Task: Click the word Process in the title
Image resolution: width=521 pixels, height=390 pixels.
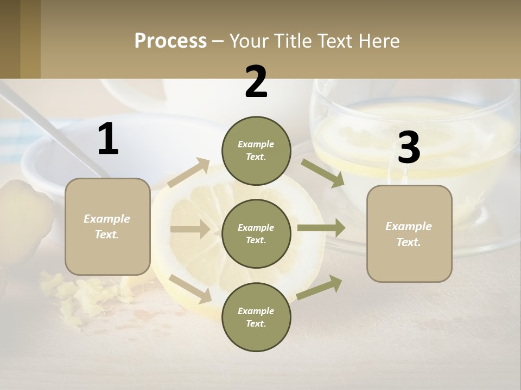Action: click(x=170, y=41)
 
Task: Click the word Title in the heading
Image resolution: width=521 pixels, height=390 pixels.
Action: click(x=291, y=41)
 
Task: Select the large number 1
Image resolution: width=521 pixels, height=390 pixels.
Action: click(x=108, y=139)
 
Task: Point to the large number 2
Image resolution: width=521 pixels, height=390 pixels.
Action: click(x=256, y=82)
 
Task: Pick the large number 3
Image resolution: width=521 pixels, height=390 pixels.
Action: click(x=409, y=148)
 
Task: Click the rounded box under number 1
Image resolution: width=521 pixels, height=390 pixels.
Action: click(x=107, y=226)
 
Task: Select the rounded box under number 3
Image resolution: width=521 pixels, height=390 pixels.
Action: click(x=409, y=234)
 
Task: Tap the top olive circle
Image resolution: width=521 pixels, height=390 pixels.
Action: click(x=256, y=151)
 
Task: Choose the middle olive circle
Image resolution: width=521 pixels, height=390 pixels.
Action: click(x=256, y=233)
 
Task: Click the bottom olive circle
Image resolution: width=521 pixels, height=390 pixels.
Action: click(x=256, y=317)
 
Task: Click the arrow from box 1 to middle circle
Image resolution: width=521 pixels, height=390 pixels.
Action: click(x=190, y=229)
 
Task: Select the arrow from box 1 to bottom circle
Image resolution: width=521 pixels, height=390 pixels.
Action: click(x=190, y=288)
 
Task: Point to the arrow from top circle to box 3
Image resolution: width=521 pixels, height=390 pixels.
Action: click(x=322, y=173)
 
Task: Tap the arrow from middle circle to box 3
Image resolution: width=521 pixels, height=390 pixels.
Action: click(x=321, y=227)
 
